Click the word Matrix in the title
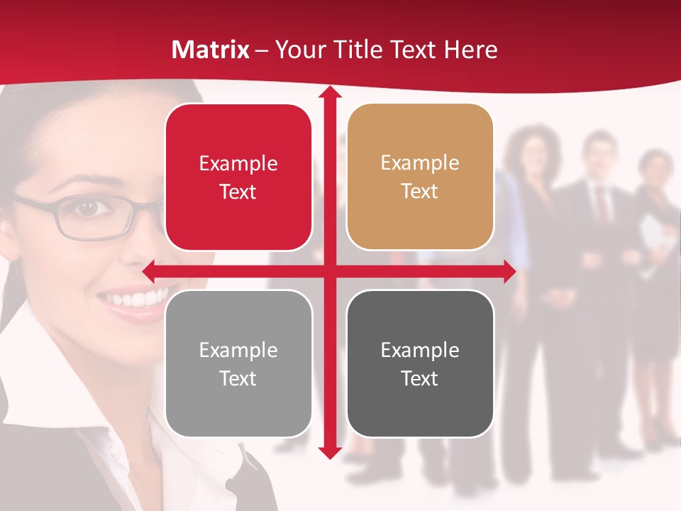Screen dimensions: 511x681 [x=211, y=50]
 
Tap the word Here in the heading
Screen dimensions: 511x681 [x=471, y=50]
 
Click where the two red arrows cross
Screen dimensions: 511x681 [x=329, y=271]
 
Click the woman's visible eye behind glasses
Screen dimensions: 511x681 [x=87, y=208]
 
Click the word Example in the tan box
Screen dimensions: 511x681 [x=420, y=163]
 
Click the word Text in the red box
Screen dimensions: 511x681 [x=238, y=192]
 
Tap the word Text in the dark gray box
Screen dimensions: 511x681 [x=420, y=379]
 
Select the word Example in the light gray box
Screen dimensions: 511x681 [x=238, y=351]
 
